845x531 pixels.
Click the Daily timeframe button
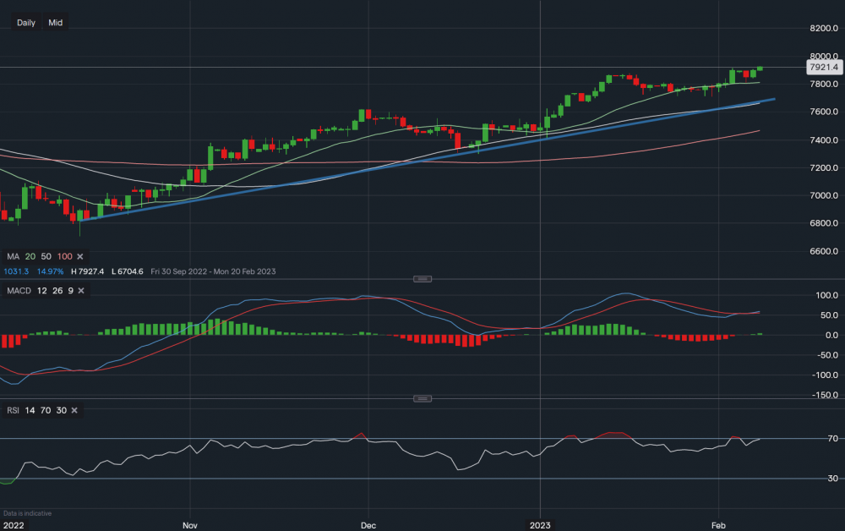tap(26, 23)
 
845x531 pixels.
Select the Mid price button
tap(56, 23)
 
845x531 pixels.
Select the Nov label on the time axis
tap(190, 524)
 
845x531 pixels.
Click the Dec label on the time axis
tap(369, 524)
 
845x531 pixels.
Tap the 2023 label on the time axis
tap(541, 524)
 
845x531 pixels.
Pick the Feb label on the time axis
tap(719, 524)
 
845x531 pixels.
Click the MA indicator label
tap(13, 256)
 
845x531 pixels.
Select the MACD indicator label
tap(19, 291)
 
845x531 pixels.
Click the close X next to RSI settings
tap(74, 410)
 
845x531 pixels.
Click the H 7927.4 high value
tap(90, 271)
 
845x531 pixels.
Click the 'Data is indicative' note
tap(28, 513)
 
